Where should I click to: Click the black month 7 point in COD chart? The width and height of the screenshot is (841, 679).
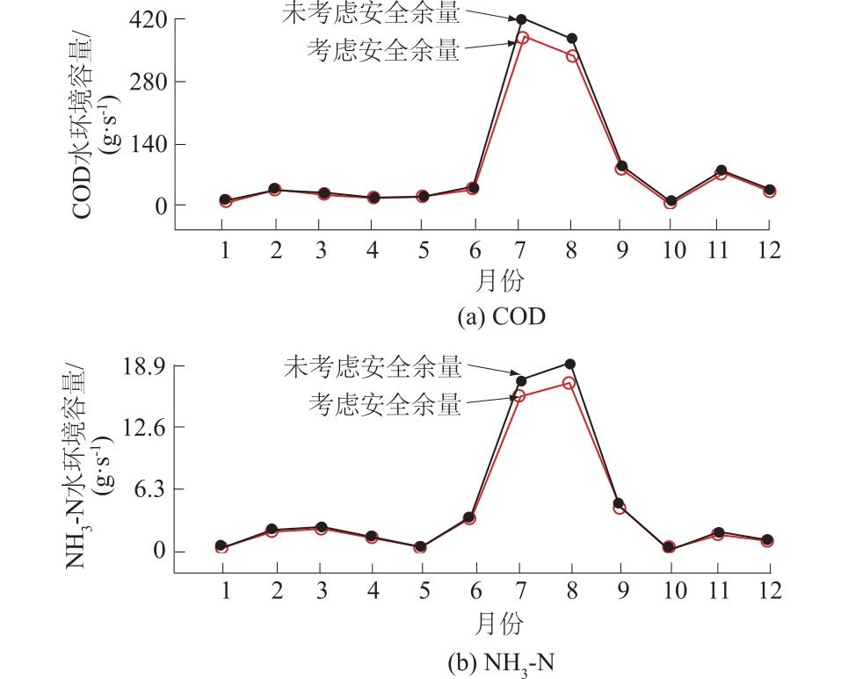tap(521, 18)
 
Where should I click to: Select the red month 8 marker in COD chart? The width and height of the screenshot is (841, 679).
tap(572, 56)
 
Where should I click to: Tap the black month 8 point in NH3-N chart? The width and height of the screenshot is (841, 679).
tap(569, 364)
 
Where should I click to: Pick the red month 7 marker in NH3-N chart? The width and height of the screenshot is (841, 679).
tap(519, 396)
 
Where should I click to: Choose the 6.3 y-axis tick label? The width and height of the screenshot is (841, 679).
tap(146, 489)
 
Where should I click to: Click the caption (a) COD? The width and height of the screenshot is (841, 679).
tap(501, 317)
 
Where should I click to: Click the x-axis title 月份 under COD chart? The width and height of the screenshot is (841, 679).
tap(499, 281)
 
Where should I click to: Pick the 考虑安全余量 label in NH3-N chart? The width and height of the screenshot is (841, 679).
tap(385, 405)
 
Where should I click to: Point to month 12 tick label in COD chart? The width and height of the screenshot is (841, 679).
tap(769, 250)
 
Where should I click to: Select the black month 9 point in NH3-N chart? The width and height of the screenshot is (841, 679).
tap(619, 504)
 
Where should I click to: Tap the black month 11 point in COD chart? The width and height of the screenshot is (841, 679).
tap(721, 170)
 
